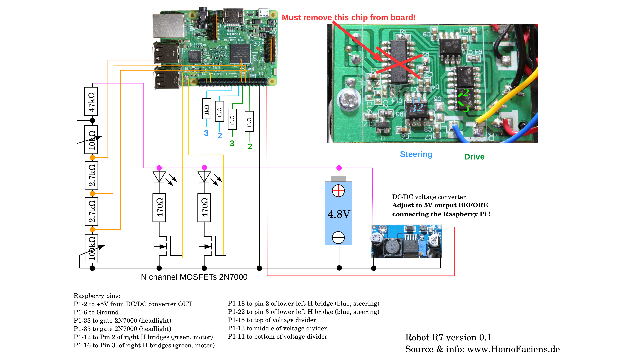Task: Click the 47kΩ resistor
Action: pos(91,102)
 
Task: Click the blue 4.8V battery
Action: pos(338,213)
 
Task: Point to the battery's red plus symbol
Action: pos(338,191)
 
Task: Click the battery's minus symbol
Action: pos(338,238)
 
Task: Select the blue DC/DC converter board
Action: pos(407,242)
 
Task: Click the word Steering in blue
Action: pos(416,154)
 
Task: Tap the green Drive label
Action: pos(474,157)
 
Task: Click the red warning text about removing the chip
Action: pos(349,18)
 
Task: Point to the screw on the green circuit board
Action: pos(349,100)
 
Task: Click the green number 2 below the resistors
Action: pos(250,146)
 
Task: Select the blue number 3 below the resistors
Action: pos(206,133)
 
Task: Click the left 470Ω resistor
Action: pos(159,208)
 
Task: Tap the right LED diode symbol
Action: pos(204,177)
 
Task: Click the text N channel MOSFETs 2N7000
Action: pos(194,277)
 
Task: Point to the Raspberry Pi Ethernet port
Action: pos(168,26)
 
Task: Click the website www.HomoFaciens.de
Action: pos(513,349)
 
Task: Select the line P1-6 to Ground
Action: pos(96,312)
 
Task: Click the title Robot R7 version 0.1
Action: pos(448,337)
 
